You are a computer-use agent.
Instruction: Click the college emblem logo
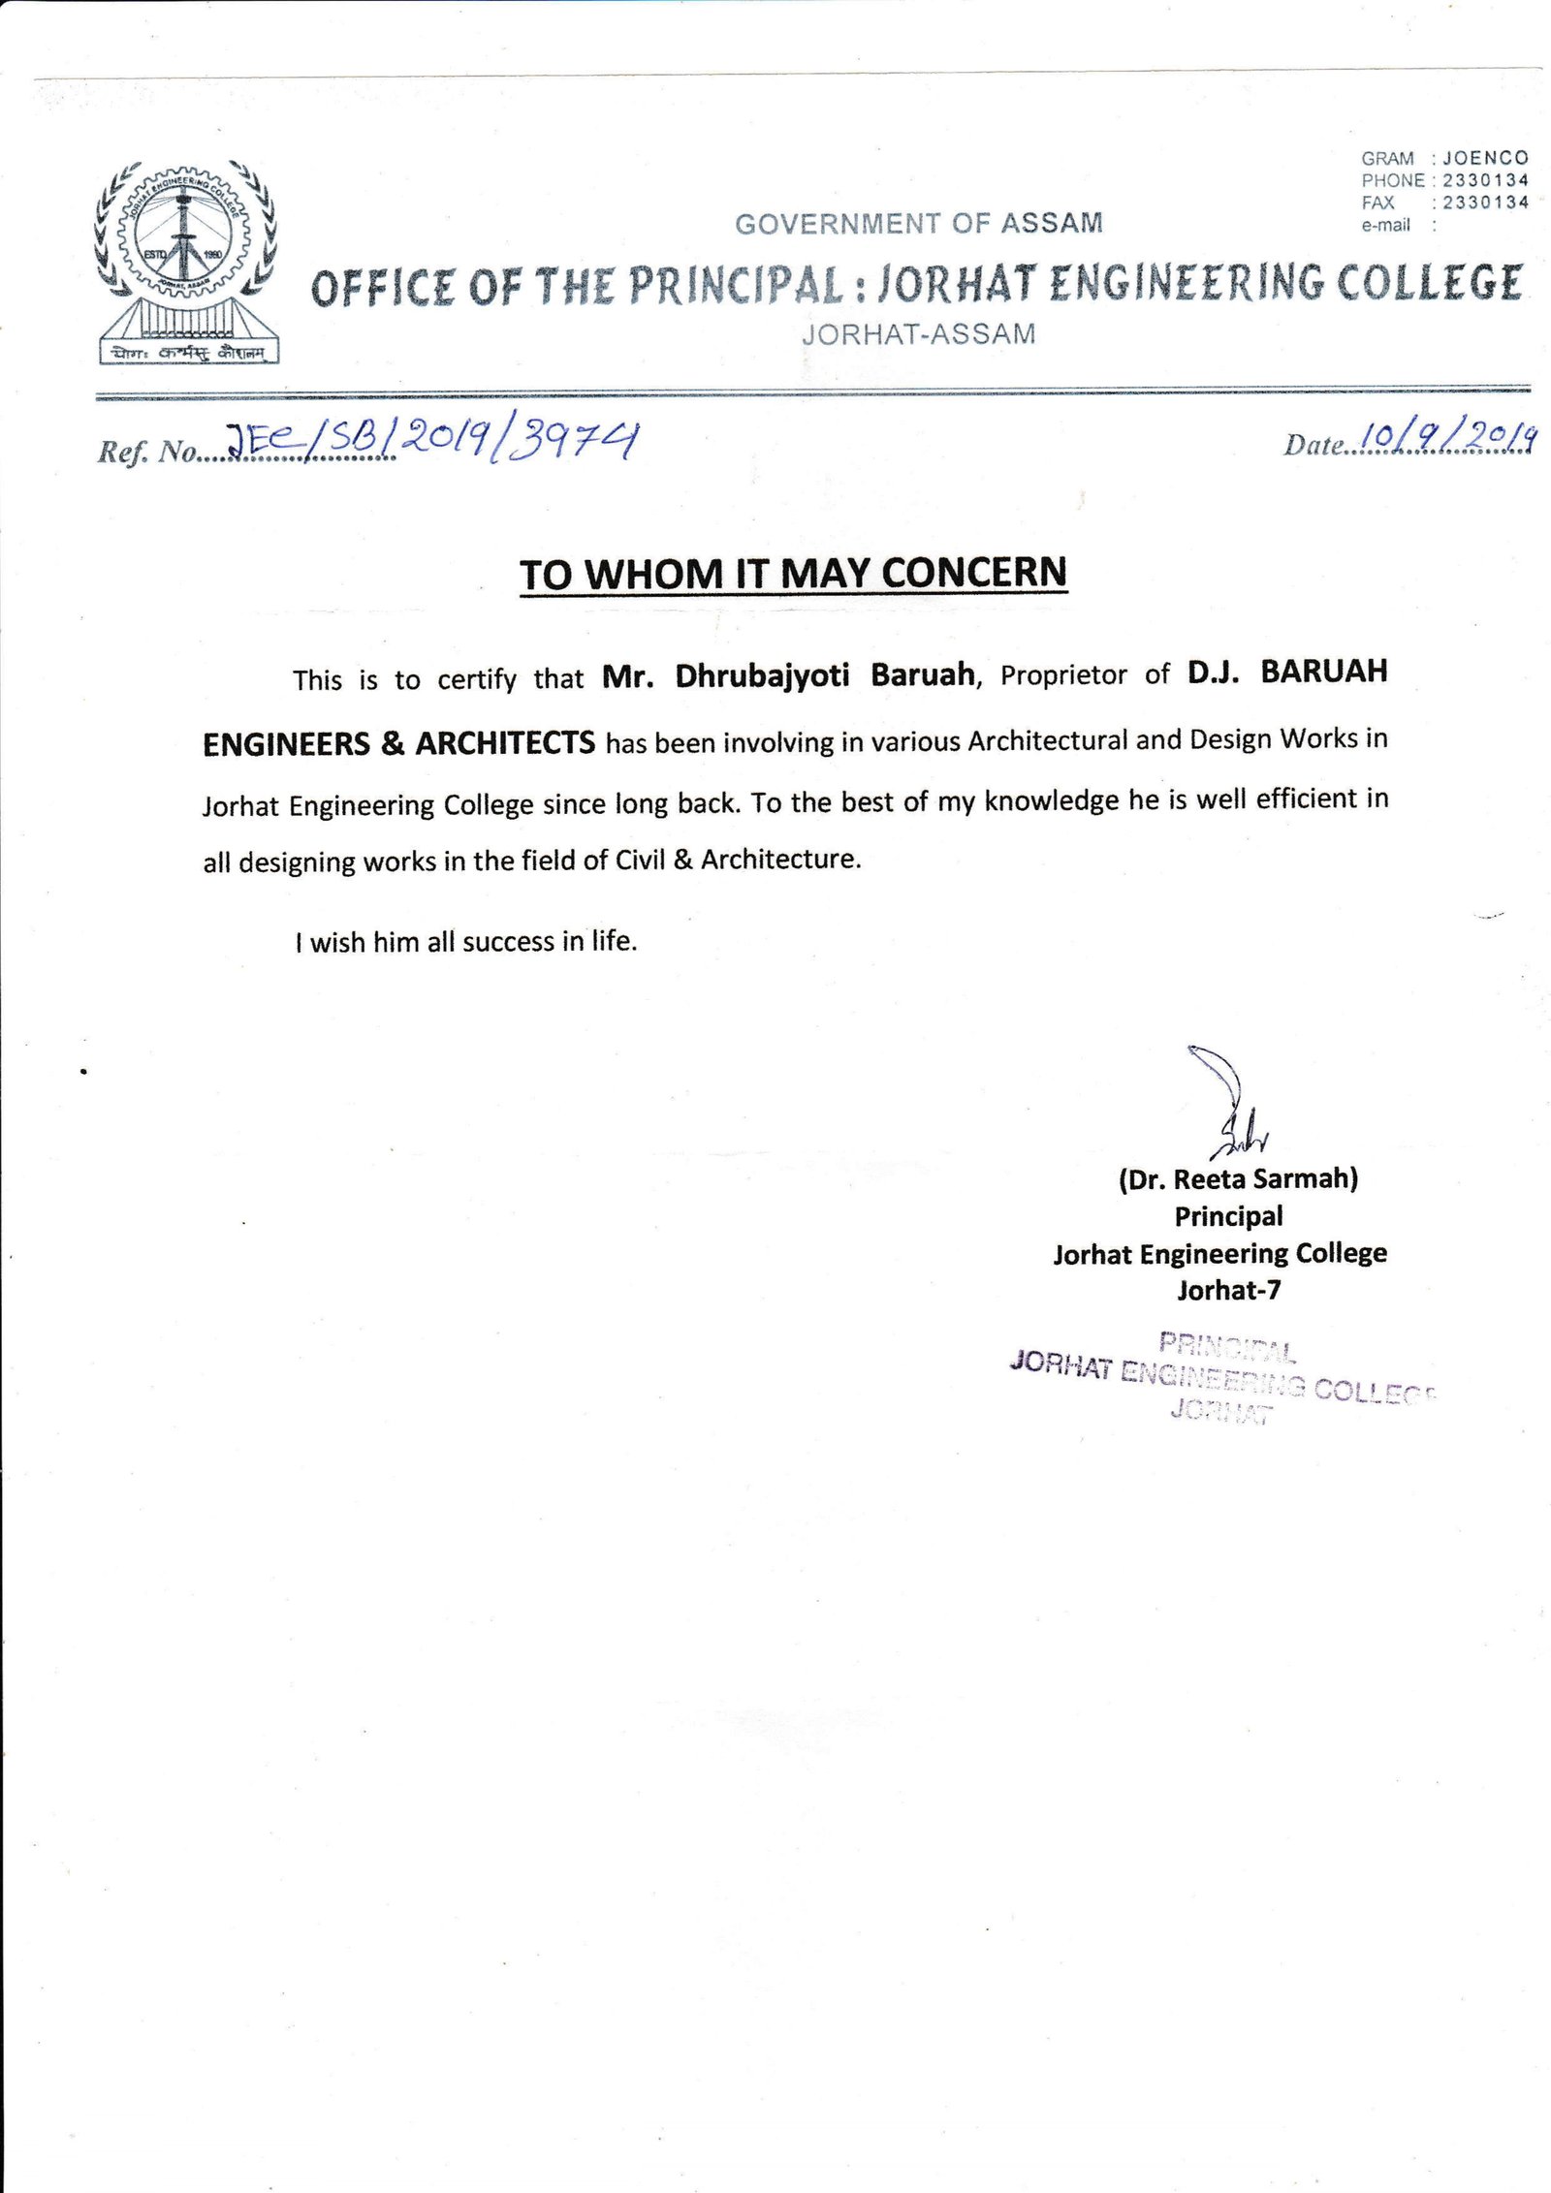coord(186,260)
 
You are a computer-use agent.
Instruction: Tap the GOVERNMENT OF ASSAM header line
coord(918,224)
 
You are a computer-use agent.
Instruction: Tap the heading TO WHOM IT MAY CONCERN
coord(792,574)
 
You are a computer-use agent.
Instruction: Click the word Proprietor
coord(1063,674)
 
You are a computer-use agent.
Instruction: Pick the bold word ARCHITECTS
coord(505,743)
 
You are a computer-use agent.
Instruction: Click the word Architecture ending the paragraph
coord(779,860)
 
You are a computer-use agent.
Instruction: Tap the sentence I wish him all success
coord(466,941)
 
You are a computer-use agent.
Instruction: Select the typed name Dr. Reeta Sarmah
coord(1238,1178)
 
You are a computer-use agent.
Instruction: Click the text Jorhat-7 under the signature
coord(1228,1290)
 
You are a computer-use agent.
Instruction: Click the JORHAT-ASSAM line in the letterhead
coord(918,334)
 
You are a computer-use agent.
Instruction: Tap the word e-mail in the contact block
coord(1385,225)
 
